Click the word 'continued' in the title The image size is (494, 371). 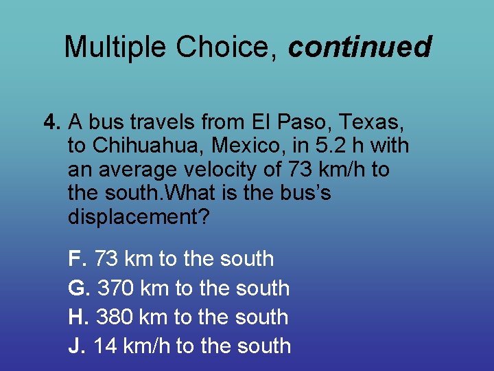360,47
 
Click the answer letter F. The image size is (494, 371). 77,259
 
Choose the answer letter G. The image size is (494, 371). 78,288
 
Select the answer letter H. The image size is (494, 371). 78,317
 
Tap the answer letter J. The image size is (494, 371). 76,346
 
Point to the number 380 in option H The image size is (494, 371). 115,317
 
